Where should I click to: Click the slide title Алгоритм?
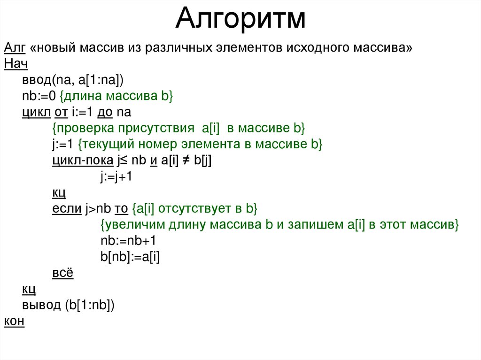(240, 19)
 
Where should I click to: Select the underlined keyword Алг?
(15, 48)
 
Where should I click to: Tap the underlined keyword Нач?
(16, 64)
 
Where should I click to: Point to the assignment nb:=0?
(39, 96)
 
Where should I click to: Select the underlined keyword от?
(62, 112)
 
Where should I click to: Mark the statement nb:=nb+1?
(128, 241)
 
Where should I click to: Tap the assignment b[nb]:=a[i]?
(130, 257)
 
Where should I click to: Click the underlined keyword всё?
(62, 273)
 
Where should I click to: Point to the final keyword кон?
(14, 321)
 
